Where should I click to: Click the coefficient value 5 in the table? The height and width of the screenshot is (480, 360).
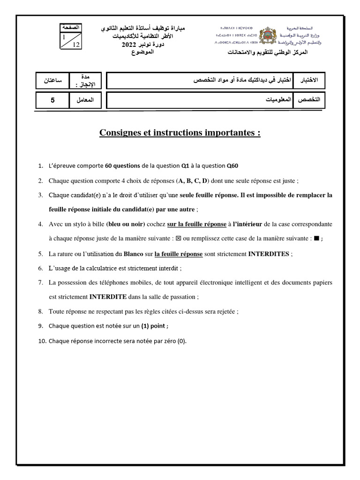click(52, 100)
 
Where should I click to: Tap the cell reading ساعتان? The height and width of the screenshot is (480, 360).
click(52, 81)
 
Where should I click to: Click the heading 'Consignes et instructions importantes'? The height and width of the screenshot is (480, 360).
click(180, 133)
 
